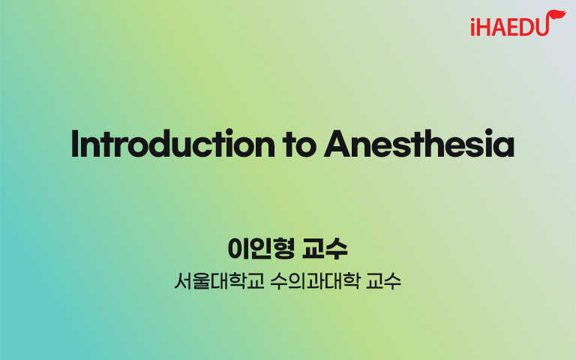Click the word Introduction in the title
172,143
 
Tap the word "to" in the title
299,145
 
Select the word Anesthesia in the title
419,143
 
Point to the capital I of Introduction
75,143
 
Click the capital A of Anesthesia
338,143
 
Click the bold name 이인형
261,249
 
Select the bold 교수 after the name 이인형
325,249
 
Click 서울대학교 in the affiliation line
219,281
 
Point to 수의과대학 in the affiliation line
315,281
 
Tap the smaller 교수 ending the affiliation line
383,281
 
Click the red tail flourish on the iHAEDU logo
556,17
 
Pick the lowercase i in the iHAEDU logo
473,27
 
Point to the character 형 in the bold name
284,249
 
